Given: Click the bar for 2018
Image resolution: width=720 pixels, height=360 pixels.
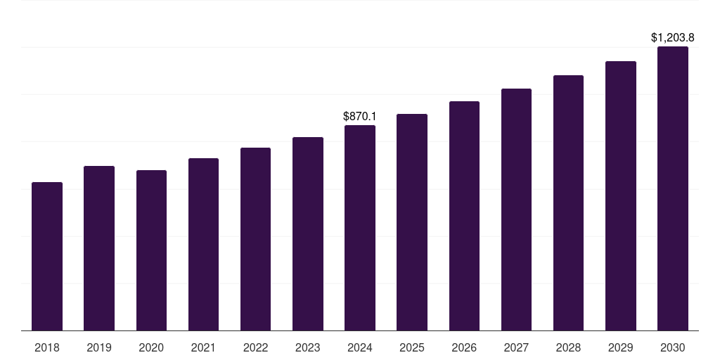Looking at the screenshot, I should pyautogui.click(x=47, y=257).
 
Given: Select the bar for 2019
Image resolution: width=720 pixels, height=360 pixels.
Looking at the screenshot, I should pyautogui.click(x=99, y=248).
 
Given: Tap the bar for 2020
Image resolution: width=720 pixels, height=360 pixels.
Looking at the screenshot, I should pyautogui.click(x=151, y=250).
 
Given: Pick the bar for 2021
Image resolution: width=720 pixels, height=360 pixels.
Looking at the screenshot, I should pyautogui.click(x=203, y=245).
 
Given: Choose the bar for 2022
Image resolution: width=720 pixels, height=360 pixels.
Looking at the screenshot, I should pyautogui.click(x=255, y=239).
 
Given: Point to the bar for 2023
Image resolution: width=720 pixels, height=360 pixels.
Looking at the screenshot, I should pyautogui.click(x=308, y=234).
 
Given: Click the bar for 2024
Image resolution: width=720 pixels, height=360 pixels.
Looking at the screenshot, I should pyautogui.click(x=360, y=228).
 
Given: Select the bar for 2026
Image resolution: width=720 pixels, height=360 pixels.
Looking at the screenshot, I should pyautogui.click(x=464, y=216).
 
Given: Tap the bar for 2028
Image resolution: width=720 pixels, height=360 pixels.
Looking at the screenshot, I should pyautogui.click(x=568, y=203).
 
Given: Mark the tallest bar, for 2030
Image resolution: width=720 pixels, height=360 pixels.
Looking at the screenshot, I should pyautogui.click(x=673, y=188).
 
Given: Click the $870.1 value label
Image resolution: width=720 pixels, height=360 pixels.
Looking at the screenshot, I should pyautogui.click(x=360, y=116).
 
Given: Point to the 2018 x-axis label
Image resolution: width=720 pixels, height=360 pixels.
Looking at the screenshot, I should pyautogui.click(x=47, y=347).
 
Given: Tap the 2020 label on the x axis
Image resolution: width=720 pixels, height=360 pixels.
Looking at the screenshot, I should pyautogui.click(x=151, y=347).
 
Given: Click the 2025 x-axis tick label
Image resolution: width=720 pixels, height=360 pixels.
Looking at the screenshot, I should pyautogui.click(x=412, y=347).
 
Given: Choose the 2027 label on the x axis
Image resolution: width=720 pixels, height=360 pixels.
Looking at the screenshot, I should pyautogui.click(x=516, y=347).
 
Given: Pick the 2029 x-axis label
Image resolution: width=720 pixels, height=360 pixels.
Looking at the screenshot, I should pyautogui.click(x=621, y=347).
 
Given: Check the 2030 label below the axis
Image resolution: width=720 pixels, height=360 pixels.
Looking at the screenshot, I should pyautogui.click(x=673, y=347).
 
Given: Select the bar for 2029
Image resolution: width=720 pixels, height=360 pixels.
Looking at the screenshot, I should pyautogui.click(x=621, y=196).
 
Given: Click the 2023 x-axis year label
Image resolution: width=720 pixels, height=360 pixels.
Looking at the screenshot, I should pyautogui.click(x=308, y=347).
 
